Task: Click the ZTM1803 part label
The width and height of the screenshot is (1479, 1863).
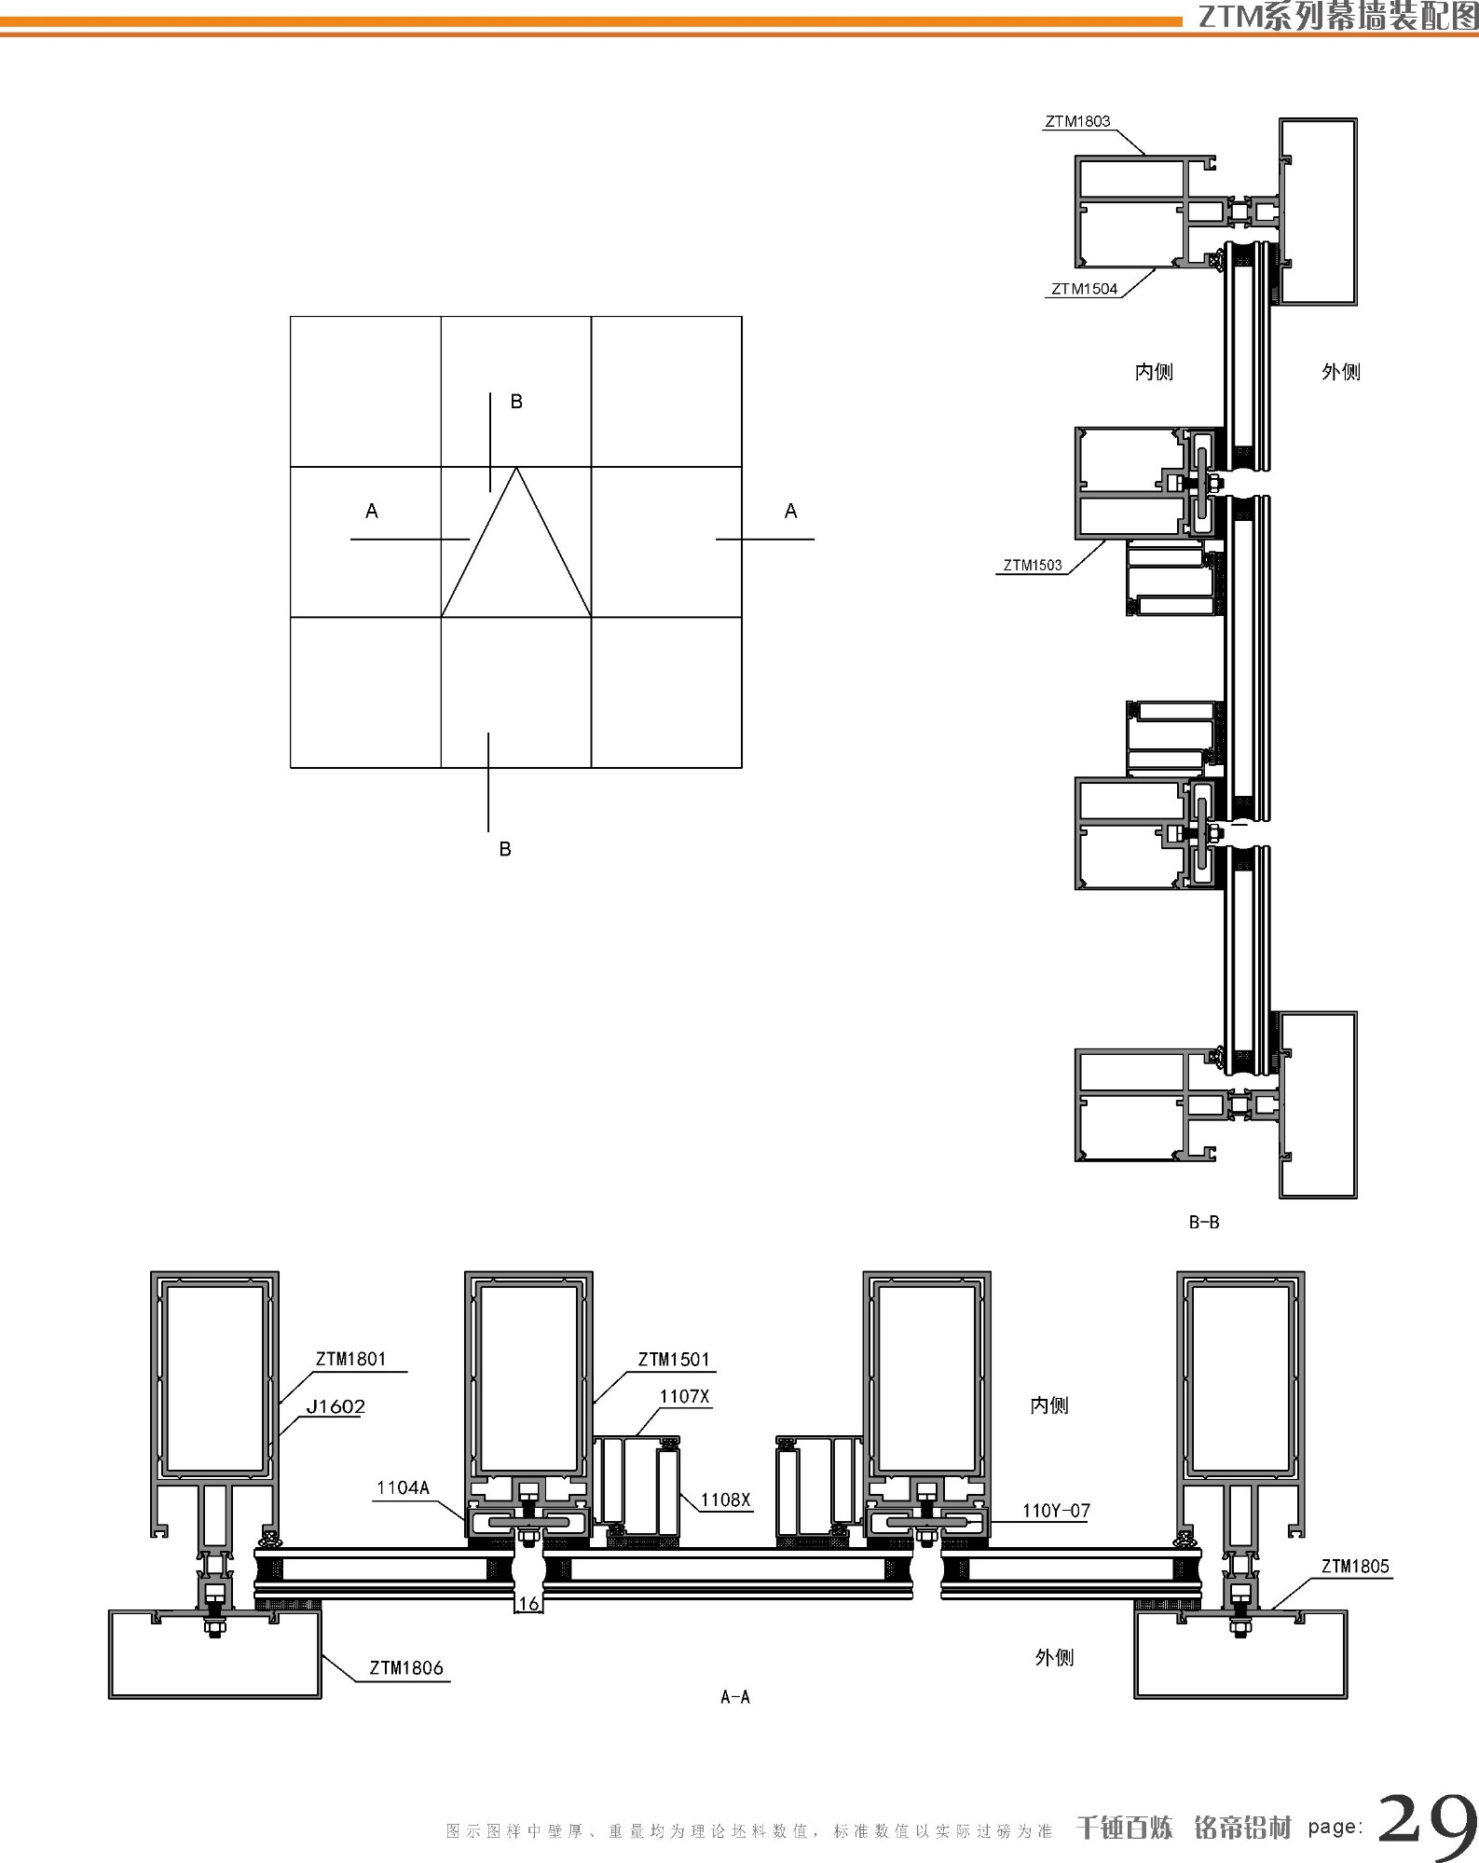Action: pyautogui.click(x=1077, y=121)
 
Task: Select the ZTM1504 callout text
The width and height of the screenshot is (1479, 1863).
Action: pyautogui.click(x=1084, y=289)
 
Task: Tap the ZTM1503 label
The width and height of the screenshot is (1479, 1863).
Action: pyautogui.click(x=1032, y=565)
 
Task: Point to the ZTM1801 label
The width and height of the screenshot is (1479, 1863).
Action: pyautogui.click(x=350, y=1360)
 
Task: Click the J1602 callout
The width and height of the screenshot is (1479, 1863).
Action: pyautogui.click(x=336, y=1406)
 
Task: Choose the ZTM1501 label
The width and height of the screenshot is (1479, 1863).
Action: pyautogui.click(x=674, y=1360)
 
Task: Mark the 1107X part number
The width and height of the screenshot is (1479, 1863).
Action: pyautogui.click(x=684, y=1397)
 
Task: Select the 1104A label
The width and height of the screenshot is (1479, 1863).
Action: pyautogui.click(x=403, y=1487)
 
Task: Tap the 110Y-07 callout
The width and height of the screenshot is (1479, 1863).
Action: pyautogui.click(x=1056, y=1511)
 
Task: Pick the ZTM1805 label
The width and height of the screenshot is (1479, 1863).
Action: pyautogui.click(x=1355, y=1567)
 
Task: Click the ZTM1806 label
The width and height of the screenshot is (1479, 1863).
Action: pyautogui.click(x=406, y=1668)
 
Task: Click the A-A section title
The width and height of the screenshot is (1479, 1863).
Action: pyautogui.click(x=735, y=1697)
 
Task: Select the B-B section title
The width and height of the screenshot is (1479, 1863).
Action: pyautogui.click(x=1204, y=1223)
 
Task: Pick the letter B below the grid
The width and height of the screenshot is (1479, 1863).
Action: pyautogui.click(x=505, y=849)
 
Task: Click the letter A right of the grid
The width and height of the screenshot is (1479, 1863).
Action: pyautogui.click(x=791, y=511)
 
